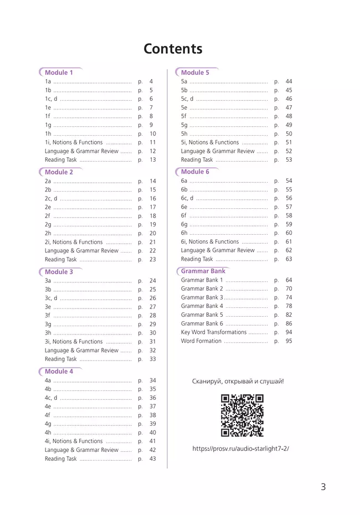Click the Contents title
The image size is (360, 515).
173,49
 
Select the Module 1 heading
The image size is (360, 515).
59,73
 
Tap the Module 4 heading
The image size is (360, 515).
59,372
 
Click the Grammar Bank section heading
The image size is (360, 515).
203,271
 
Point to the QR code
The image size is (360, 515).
242,415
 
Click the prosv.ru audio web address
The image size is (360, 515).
240,449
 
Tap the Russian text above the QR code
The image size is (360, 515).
238,382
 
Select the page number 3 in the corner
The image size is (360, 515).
323,487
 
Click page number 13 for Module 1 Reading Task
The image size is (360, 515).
153,160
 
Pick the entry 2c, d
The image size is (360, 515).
51,199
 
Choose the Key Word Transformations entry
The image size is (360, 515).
213,332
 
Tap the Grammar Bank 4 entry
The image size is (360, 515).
202,306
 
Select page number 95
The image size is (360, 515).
289,341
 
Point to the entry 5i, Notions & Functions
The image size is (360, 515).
210,142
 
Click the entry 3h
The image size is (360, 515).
48,333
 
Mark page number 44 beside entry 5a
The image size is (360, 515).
289,81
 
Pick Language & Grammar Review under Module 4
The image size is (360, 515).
81,450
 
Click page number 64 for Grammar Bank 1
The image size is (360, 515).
289,280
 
